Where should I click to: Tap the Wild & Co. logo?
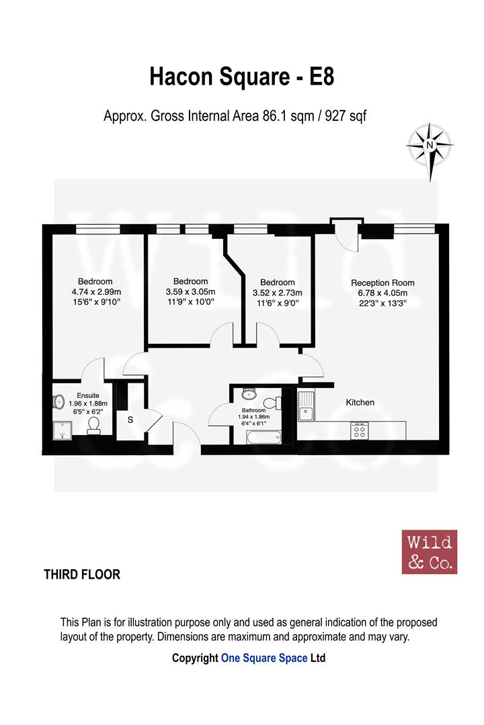tap(430, 552)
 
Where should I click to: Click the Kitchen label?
tap(360, 402)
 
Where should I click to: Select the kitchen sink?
tap(305, 406)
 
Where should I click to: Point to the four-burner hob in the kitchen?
tap(359, 431)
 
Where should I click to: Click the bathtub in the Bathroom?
tap(264, 437)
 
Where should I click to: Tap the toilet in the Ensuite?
tap(93, 426)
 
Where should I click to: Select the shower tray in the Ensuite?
tap(62, 430)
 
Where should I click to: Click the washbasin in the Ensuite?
tap(58, 402)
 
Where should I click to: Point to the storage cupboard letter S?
tap(130, 420)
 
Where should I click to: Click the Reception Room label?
tap(382, 283)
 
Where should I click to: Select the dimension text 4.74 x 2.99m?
tap(96, 292)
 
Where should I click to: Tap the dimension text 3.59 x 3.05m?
tap(190, 292)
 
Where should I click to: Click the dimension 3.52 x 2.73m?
tap(278, 293)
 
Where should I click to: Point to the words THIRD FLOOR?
tap(82, 574)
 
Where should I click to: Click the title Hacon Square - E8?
tap(242, 77)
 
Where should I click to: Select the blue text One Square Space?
tap(264, 658)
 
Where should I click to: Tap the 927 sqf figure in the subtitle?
tap(346, 115)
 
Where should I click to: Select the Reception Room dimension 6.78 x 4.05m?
tap(382, 293)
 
